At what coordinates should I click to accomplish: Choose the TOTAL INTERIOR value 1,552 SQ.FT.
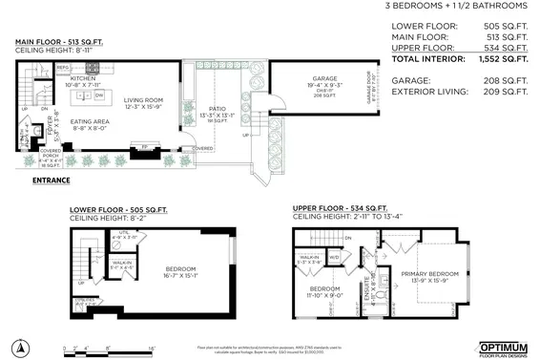(x=502, y=59)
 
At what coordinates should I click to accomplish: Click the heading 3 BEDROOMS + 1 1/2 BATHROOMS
(x=455, y=6)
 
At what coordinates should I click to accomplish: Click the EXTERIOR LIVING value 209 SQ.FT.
(x=502, y=92)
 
